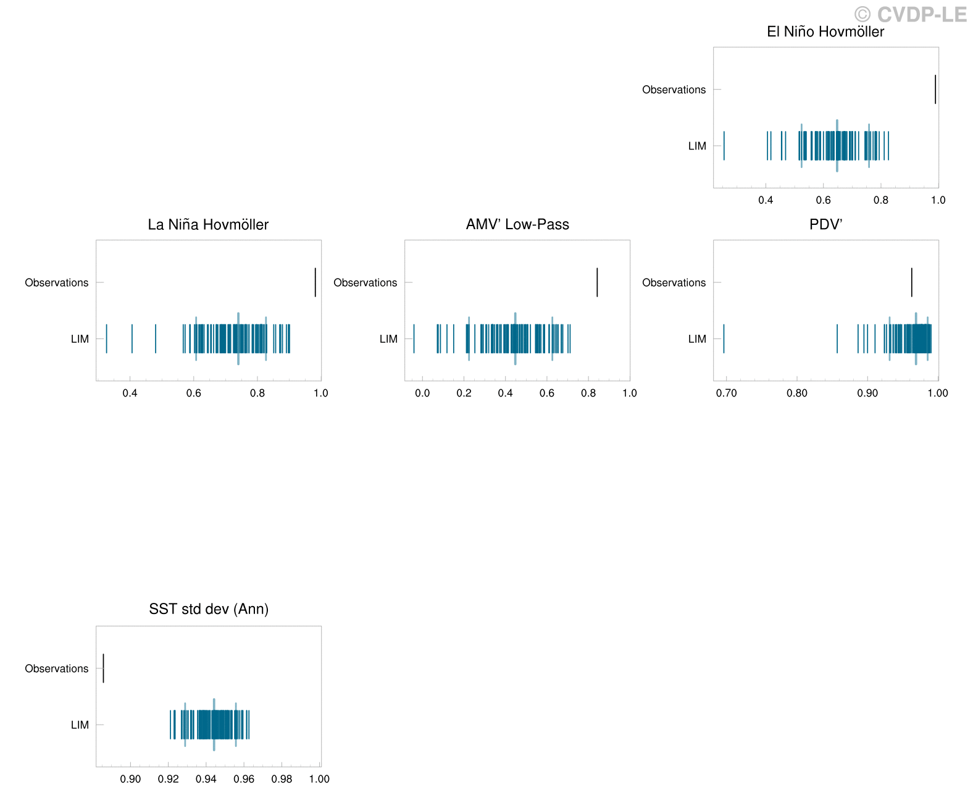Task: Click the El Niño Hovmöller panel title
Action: coord(825,32)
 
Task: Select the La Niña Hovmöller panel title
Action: coord(209,225)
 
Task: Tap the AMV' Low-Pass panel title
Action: coord(517,225)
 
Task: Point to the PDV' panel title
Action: coord(826,225)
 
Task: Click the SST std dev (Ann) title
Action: coord(209,610)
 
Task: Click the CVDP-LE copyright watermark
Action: coord(911,14)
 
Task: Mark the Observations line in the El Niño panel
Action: coord(936,90)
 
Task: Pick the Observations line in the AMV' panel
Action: coord(597,282)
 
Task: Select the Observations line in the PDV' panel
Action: coord(911,282)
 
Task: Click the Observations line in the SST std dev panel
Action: coord(104,668)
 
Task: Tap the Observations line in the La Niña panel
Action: coord(315,282)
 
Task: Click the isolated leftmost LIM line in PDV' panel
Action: coord(724,339)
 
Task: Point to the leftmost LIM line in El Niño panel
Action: coord(724,146)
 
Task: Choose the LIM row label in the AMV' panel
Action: coord(388,339)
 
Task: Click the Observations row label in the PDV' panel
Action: coord(674,283)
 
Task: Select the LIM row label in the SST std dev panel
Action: coord(80,725)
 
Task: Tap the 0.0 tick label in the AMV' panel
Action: coord(423,393)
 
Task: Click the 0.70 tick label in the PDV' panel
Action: coord(727,393)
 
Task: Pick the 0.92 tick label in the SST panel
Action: coord(169,780)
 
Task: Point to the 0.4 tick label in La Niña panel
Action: coord(130,393)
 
